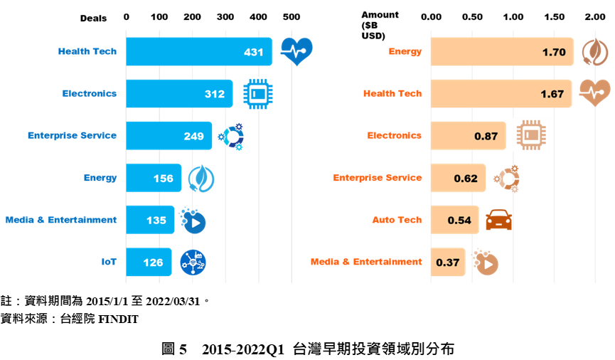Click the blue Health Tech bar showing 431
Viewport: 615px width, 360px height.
tap(199, 51)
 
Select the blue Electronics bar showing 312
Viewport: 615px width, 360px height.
tap(179, 93)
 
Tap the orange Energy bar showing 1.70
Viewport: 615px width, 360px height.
tap(502, 51)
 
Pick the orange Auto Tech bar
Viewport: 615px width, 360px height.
tap(455, 220)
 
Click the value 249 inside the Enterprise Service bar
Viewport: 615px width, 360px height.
tap(194, 136)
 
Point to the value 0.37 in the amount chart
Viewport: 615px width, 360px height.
tap(447, 263)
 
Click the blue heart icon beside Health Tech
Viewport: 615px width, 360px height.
tap(296, 51)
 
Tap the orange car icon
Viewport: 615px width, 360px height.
tap(498, 219)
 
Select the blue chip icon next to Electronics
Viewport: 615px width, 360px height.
tap(257, 94)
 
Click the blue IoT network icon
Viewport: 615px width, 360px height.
tap(193, 263)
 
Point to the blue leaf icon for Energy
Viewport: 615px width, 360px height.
tap(200, 179)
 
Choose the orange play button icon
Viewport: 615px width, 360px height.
tap(486, 262)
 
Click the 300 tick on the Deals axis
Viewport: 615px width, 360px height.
tap(225, 17)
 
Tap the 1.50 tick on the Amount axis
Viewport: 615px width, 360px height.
tap(554, 17)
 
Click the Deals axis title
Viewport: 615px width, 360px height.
tap(93, 18)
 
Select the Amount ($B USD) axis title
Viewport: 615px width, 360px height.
tap(379, 25)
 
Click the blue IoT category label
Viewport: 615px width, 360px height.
tap(109, 262)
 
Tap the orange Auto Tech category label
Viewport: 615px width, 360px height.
tap(397, 220)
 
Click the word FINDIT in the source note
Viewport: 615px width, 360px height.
tap(119, 319)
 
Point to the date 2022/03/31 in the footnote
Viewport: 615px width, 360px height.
tap(173, 302)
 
